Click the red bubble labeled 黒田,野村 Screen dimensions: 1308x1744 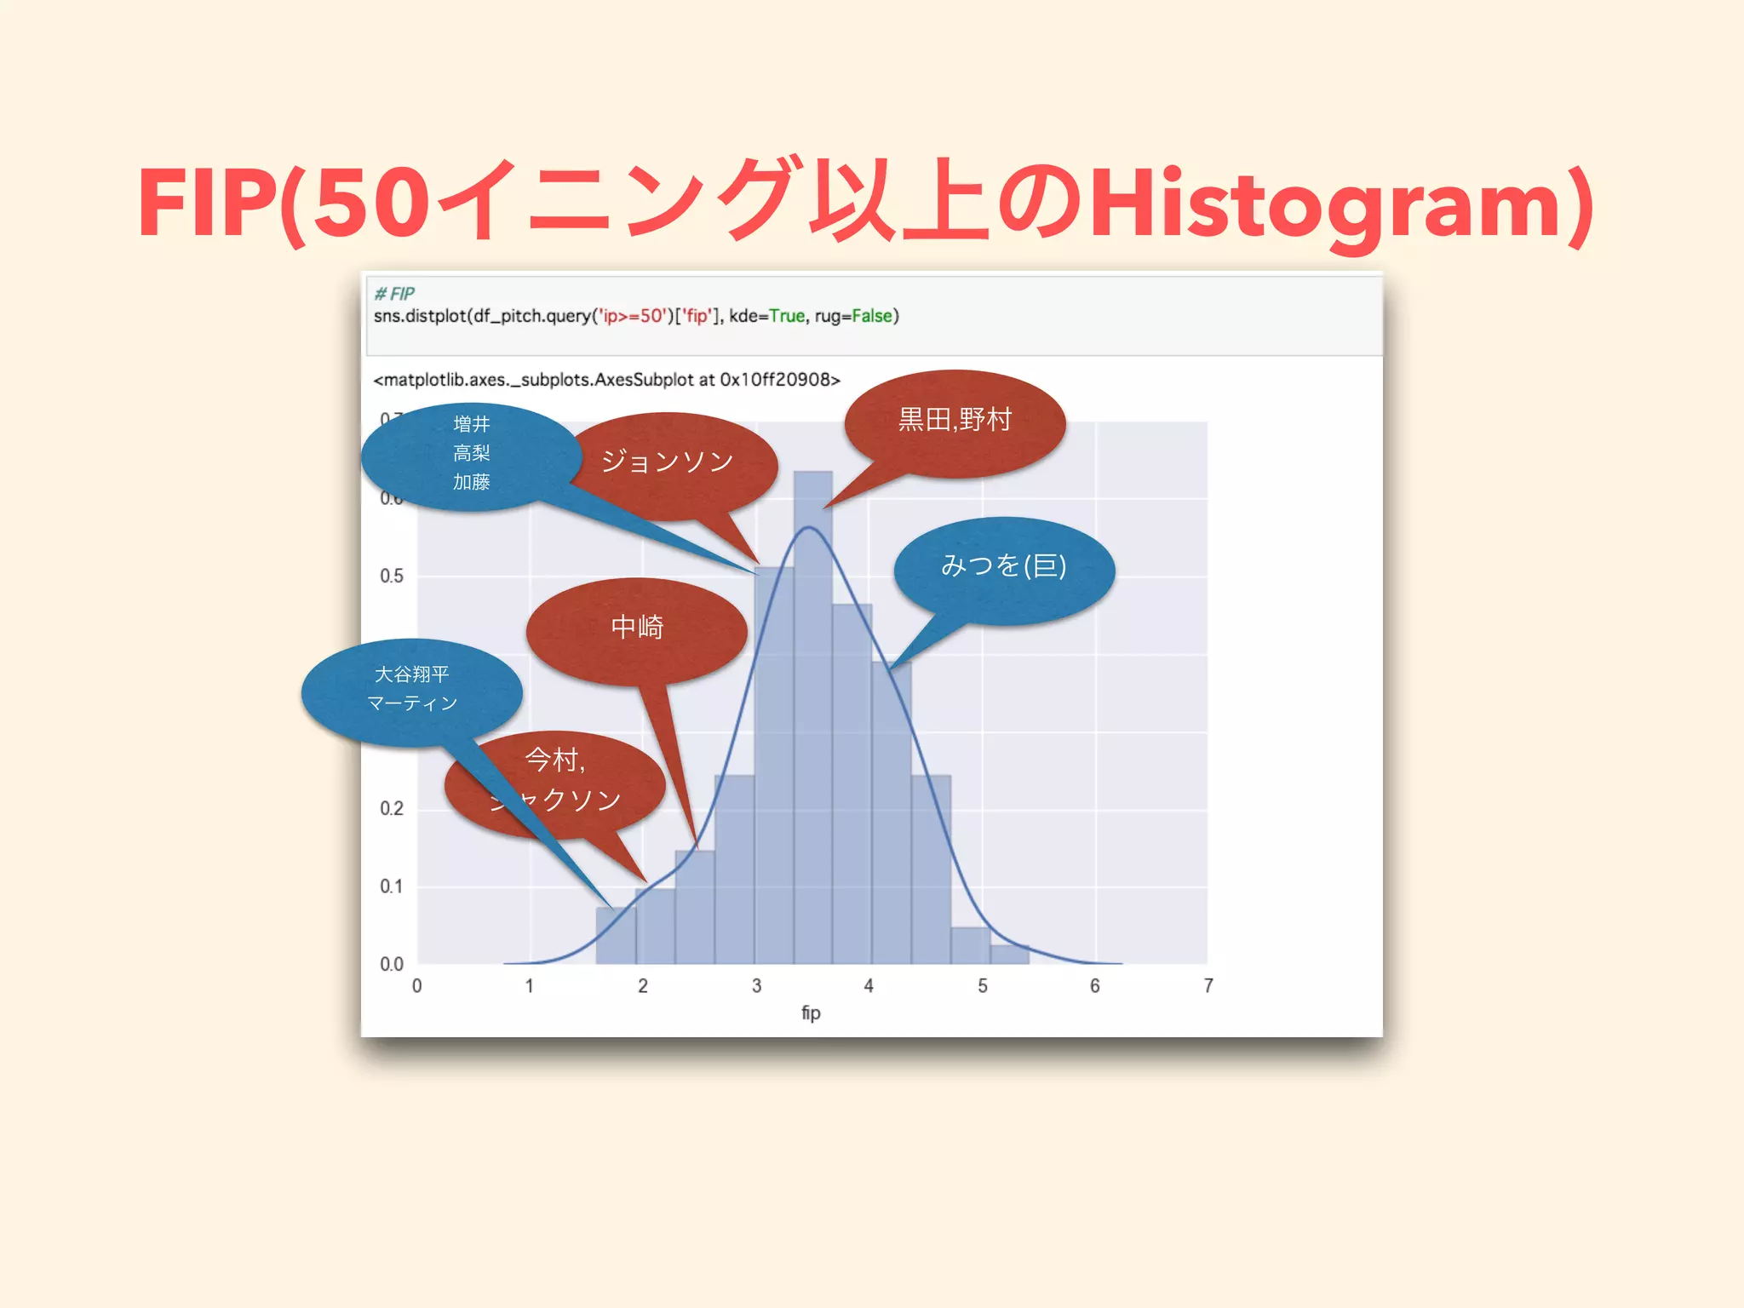coord(955,421)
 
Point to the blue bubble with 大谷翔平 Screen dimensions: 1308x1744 coord(412,689)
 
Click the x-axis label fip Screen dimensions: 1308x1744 coord(811,1013)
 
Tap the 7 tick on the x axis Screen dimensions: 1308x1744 coord(1208,986)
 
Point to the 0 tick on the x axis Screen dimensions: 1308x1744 coord(416,986)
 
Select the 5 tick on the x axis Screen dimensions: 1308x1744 coord(982,986)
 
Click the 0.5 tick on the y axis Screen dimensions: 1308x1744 coord(392,577)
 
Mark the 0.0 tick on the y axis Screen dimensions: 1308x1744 coord(392,965)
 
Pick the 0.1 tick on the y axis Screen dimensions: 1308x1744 coord(392,886)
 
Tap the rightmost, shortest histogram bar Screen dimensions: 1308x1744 coord(1010,955)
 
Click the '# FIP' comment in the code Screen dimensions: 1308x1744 coord(394,294)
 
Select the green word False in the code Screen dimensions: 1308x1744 coord(871,316)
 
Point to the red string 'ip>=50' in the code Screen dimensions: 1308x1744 coord(632,316)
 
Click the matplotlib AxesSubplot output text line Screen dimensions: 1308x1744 coord(606,380)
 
